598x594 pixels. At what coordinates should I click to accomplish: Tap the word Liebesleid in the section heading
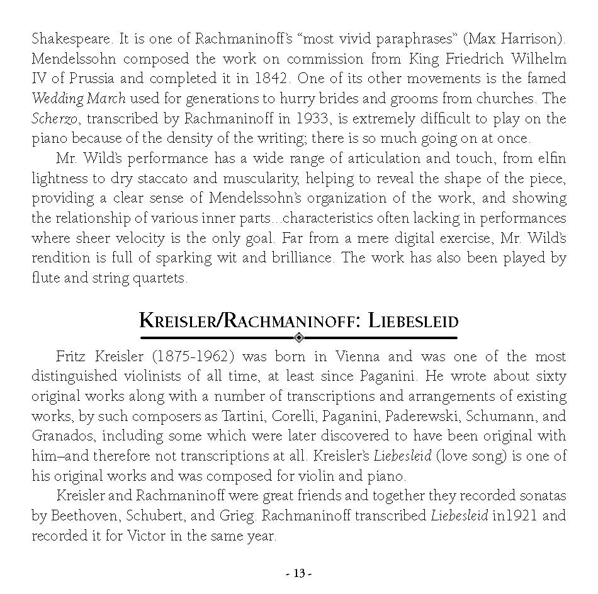point(413,321)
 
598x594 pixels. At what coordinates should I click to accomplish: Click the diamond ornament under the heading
point(299,337)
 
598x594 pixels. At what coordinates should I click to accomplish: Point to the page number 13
point(299,574)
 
